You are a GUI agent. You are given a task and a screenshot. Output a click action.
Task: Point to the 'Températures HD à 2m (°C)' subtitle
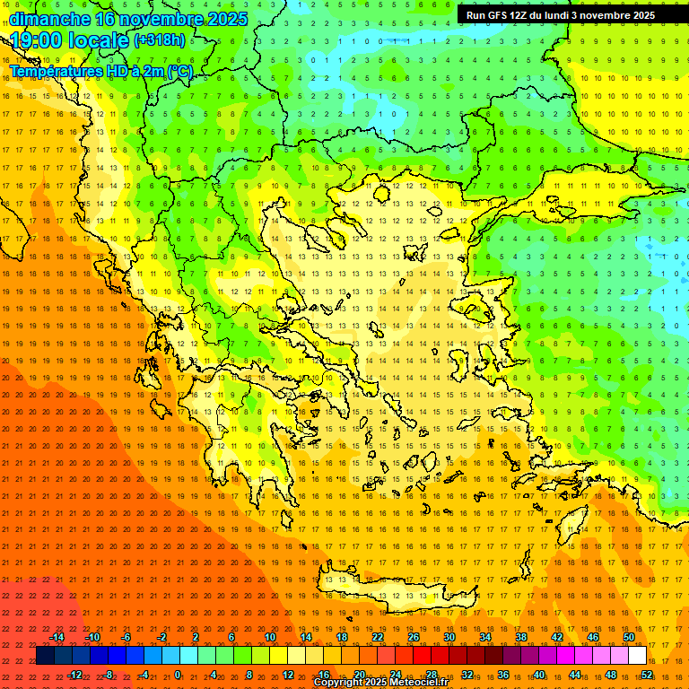(100, 71)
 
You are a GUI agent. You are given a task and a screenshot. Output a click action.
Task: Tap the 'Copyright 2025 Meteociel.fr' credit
(381, 683)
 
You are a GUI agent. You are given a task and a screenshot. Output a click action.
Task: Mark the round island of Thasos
(381, 192)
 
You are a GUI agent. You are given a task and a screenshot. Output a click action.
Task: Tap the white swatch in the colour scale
(637, 656)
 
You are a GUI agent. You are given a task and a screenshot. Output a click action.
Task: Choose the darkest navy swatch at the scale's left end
(45, 656)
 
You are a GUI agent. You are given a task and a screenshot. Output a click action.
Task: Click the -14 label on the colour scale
(57, 637)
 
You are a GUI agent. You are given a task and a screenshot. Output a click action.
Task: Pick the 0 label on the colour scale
(178, 675)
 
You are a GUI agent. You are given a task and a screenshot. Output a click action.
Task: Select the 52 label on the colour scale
(647, 675)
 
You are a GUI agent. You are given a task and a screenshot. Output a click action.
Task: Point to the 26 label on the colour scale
(414, 637)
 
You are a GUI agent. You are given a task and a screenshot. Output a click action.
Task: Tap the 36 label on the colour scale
(503, 675)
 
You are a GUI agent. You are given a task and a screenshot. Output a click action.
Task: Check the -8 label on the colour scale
(108, 675)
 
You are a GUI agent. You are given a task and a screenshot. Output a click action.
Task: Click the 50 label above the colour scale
(629, 637)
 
